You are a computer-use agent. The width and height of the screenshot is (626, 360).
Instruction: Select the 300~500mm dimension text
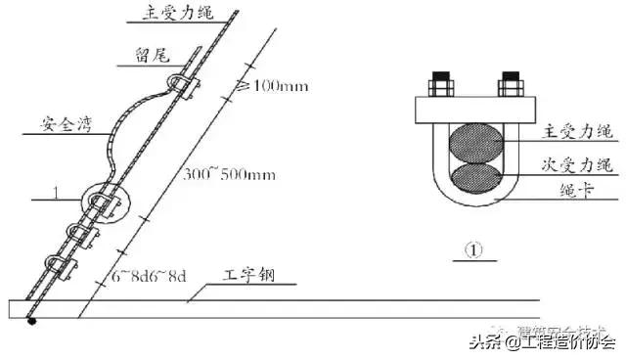point(228,175)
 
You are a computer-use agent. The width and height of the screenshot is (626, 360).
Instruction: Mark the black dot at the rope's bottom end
point(31,320)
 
